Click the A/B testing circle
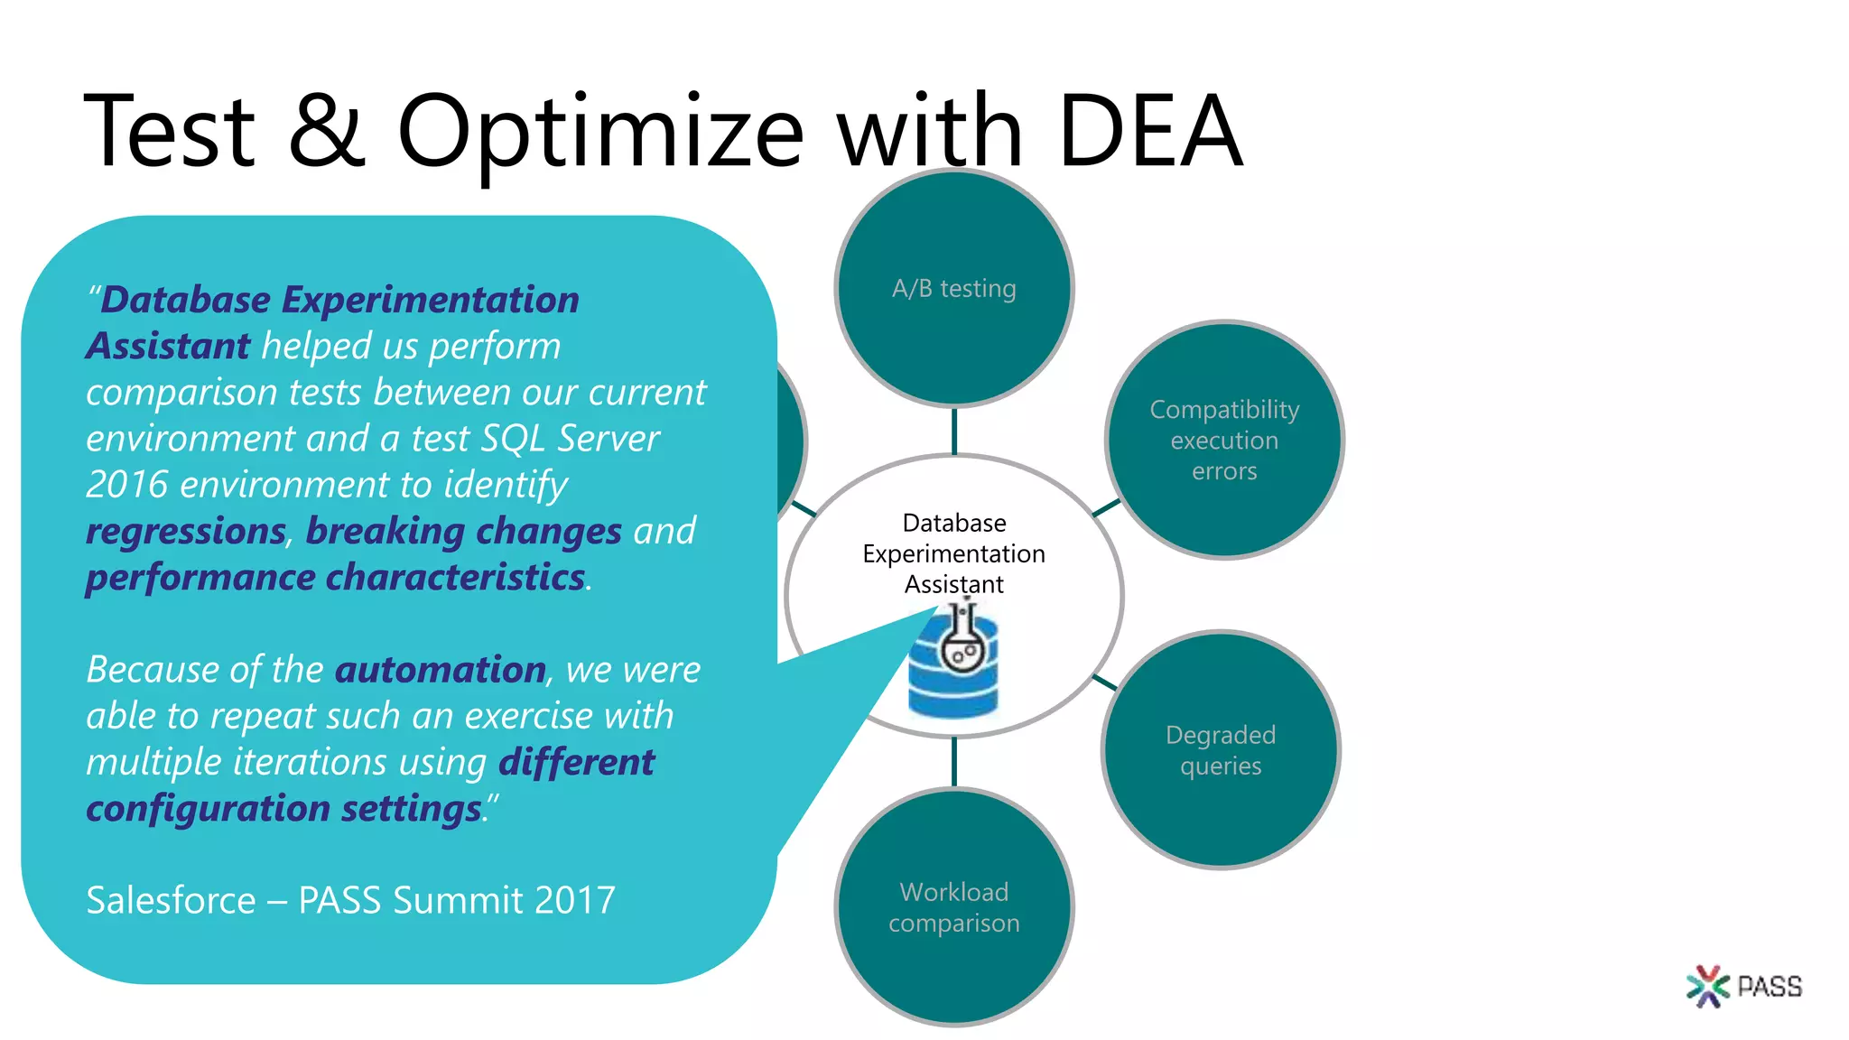[x=954, y=288]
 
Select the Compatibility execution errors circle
[x=1224, y=440]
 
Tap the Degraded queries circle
[x=1221, y=750]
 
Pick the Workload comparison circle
[x=954, y=907]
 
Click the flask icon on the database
[x=962, y=643]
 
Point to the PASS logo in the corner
[x=1744, y=986]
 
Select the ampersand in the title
[x=327, y=132]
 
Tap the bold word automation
[x=441, y=670]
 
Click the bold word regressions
[x=186, y=531]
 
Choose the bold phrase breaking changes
[x=464, y=531]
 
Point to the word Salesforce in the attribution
[x=172, y=900]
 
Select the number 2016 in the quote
[x=127, y=485]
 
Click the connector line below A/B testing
[x=954, y=431]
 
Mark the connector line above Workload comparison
[x=954, y=762]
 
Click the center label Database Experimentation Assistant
[x=954, y=553]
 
